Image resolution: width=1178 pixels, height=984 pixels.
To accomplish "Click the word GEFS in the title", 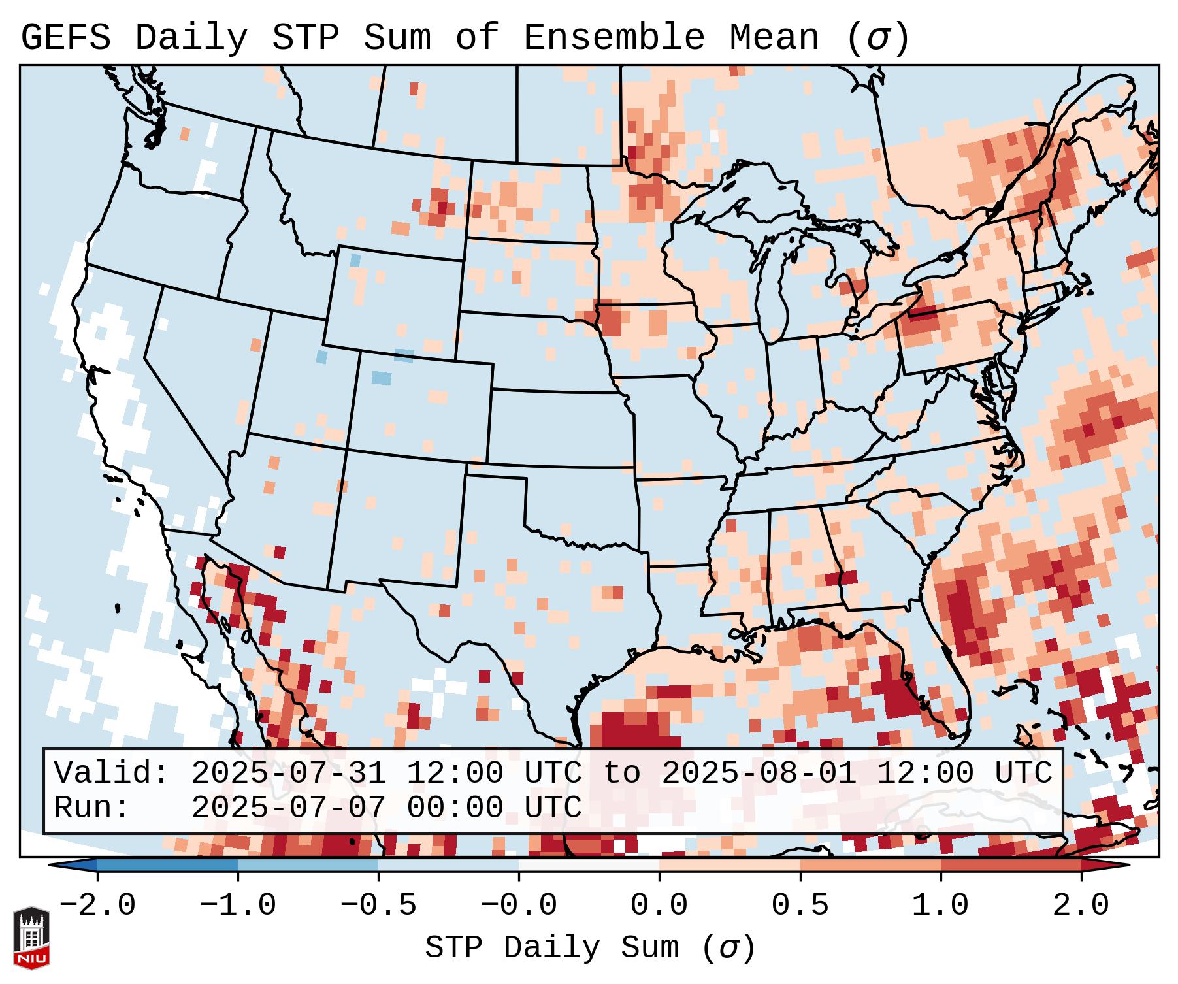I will coord(65,38).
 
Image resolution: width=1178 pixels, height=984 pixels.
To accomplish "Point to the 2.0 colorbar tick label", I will coord(1081,906).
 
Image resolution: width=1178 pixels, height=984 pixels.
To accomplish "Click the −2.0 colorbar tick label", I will coord(97,906).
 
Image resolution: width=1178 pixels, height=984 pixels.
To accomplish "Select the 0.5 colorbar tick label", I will coord(800,906).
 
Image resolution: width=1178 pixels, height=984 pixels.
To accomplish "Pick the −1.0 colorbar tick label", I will coord(238,906).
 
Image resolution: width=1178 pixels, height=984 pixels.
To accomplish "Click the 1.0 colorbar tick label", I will coord(940,906).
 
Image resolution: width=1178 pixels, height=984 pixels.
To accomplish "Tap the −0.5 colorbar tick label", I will coord(378,906).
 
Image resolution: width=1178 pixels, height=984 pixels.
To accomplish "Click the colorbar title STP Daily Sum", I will coord(552,948).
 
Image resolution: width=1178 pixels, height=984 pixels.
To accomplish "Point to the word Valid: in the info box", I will coord(112,773).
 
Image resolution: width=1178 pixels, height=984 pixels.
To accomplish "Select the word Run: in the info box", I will coord(92,808).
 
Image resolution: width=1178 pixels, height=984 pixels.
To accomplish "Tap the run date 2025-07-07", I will coord(288,808).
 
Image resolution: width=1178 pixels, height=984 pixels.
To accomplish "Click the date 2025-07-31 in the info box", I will coord(288,773).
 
